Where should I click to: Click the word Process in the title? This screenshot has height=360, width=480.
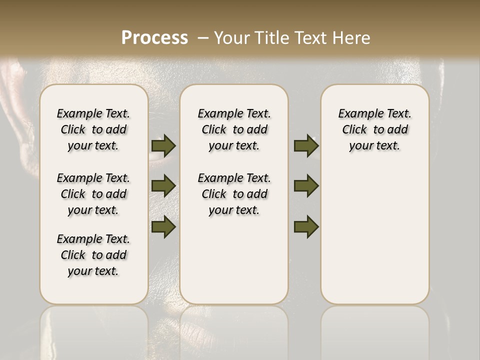point(154,37)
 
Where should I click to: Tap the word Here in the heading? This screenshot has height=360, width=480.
point(351,38)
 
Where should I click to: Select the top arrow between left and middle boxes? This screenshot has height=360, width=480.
point(163,145)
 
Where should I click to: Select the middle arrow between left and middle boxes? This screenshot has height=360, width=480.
point(163,185)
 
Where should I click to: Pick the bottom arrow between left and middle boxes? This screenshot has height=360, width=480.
point(163,226)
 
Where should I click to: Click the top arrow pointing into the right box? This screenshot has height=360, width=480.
point(306,145)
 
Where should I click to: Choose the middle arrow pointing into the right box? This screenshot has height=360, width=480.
point(306,185)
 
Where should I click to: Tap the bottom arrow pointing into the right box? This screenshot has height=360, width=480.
point(306,226)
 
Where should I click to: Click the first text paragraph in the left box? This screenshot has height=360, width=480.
point(93,129)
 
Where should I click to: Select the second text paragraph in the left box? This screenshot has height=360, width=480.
point(93,194)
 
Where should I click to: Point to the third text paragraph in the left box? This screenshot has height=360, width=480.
point(93,255)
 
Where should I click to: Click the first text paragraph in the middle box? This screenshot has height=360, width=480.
point(234,129)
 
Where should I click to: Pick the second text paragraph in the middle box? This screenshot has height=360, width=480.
point(234,194)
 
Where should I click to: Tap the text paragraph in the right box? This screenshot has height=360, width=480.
point(375,129)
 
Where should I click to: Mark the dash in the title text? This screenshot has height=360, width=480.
point(202,38)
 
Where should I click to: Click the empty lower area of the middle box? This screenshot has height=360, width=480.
point(234,260)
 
